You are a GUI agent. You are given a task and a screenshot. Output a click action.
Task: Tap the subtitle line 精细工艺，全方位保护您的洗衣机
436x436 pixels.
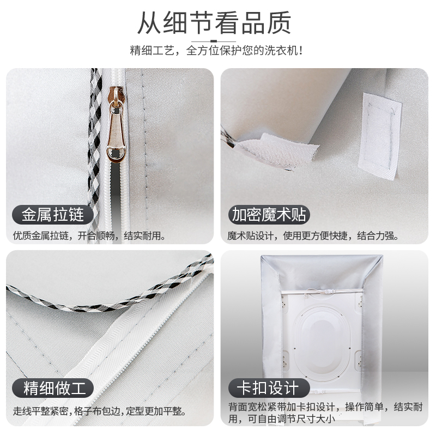(216, 51)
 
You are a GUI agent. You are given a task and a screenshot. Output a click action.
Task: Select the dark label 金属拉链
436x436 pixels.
(53, 214)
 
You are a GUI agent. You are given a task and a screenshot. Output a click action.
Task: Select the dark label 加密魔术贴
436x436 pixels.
(269, 214)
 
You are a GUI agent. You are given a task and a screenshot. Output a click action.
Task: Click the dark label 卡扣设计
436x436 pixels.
(267, 389)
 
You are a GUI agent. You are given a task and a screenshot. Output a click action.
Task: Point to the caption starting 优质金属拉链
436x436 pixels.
(90, 237)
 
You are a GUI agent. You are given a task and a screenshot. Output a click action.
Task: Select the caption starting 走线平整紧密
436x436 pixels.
(100, 411)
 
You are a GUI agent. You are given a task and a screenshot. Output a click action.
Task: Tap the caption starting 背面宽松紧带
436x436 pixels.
(325, 413)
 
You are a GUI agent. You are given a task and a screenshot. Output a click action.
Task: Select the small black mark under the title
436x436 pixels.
(214, 40)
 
